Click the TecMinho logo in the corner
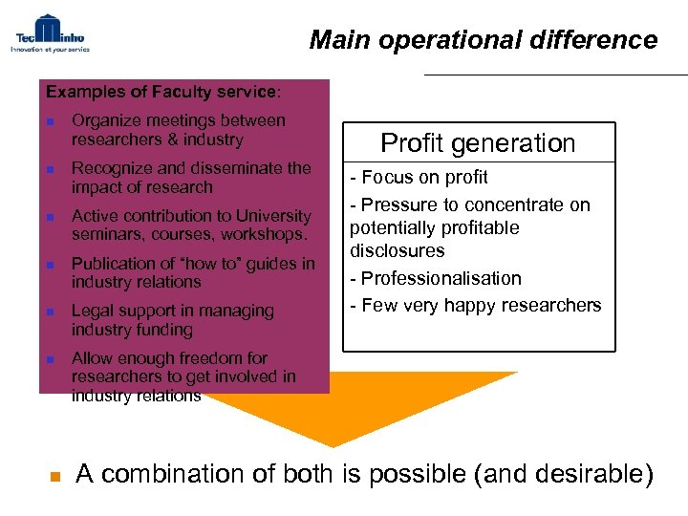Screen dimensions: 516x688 click(x=50, y=32)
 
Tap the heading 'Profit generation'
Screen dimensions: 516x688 click(x=478, y=143)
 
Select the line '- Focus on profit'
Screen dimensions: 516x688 click(x=419, y=177)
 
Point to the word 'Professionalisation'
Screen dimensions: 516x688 click(x=441, y=278)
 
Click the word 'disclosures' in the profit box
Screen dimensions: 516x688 click(x=397, y=250)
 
